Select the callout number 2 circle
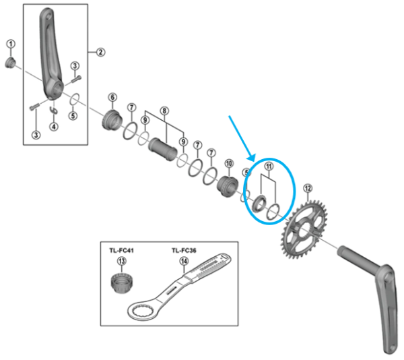(x=100, y=51)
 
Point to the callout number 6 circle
(x=112, y=97)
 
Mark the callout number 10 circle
(x=228, y=164)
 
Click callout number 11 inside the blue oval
(x=269, y=167)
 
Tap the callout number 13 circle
(x=122, y=261)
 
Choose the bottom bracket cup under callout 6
(x=111, y=122)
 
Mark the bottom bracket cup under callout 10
(x=227, y=186)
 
